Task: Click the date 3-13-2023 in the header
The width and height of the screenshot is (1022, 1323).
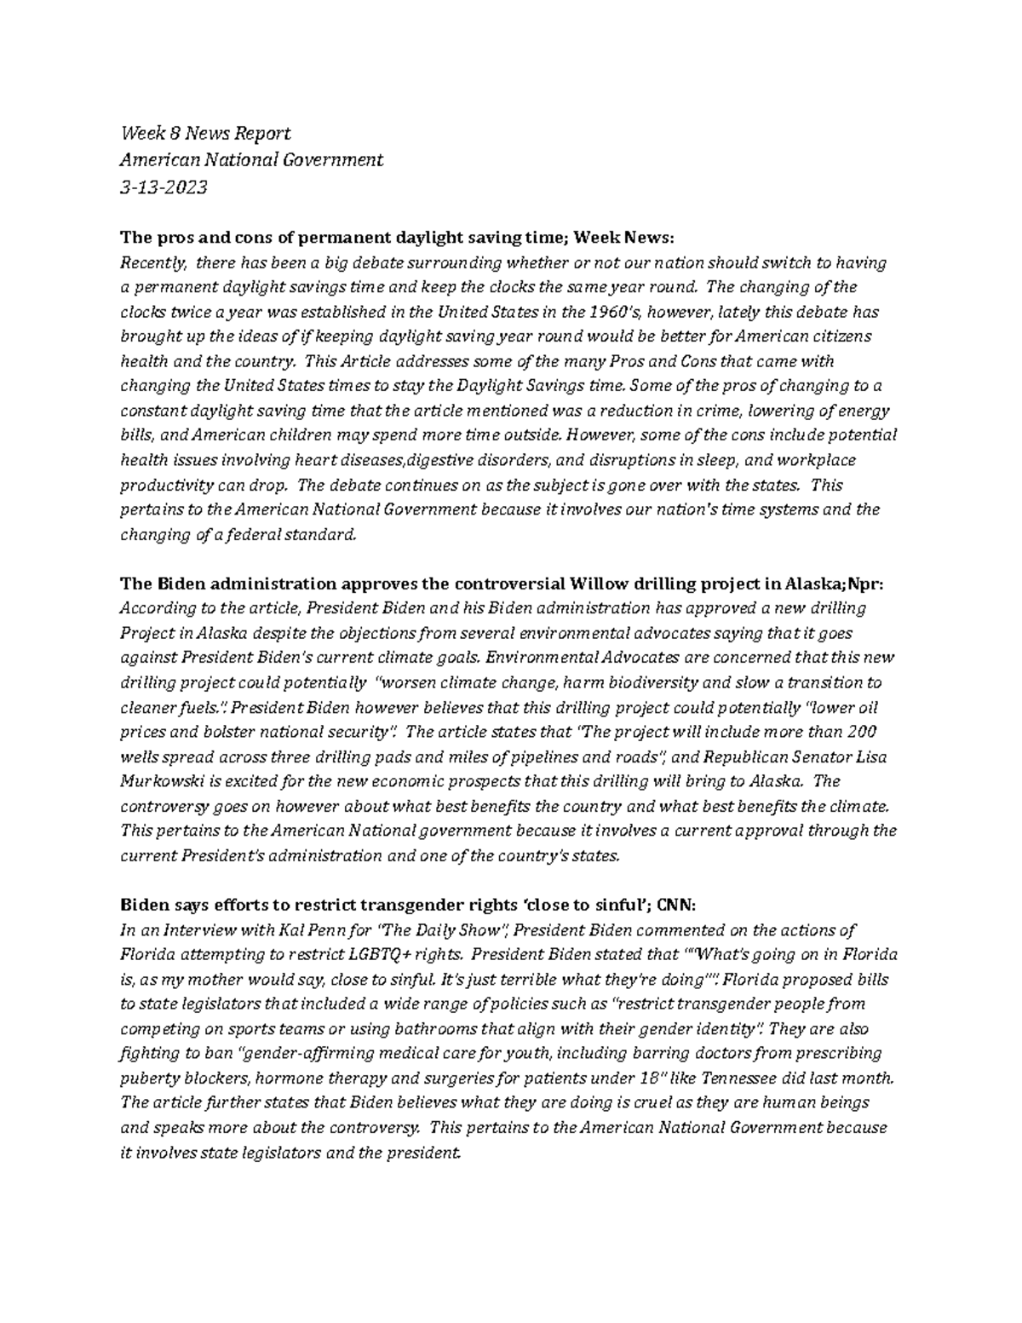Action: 164,187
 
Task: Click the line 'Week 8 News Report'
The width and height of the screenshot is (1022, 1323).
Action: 205,133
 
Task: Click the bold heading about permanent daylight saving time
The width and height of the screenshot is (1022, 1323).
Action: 398,238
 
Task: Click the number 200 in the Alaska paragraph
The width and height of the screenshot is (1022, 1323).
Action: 863,732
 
